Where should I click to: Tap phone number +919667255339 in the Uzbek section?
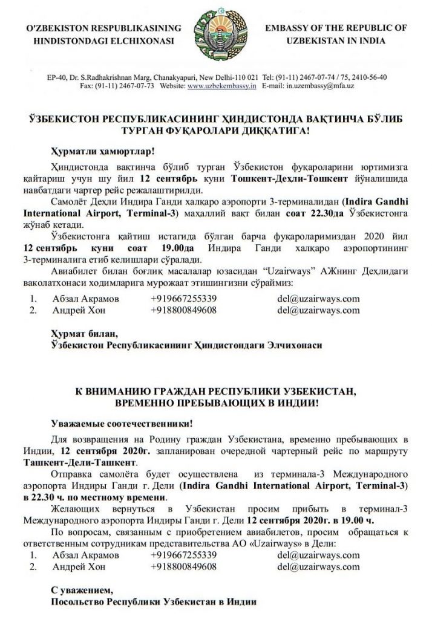tap(184, 299)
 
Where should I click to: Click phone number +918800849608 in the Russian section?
tap(184, 566)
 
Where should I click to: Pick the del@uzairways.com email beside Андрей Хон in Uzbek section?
tap(318, 311)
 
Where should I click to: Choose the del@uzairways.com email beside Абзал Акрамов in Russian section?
tap(318, 554)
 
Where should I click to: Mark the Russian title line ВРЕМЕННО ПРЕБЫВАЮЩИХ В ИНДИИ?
tap(216, 401)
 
